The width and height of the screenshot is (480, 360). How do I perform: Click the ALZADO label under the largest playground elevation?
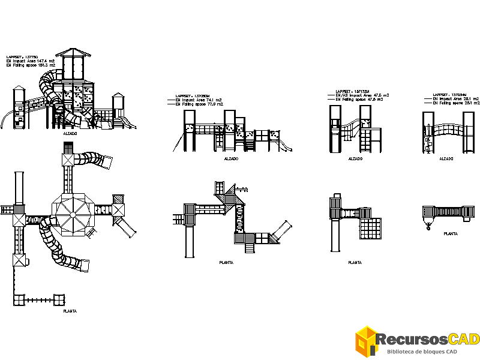tap(70, 134)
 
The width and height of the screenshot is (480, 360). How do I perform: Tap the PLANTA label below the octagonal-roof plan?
tap(70, 311)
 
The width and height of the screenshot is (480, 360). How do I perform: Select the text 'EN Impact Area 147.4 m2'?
tap(31, 61)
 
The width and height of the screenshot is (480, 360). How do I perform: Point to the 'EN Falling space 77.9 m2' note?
tap(199, 104)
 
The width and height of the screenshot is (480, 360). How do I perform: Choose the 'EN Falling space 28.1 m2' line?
tap(456, 103)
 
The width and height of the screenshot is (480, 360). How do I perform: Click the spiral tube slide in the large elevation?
tap(53, 90)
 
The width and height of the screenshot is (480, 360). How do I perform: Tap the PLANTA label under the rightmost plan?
tap(451, 233)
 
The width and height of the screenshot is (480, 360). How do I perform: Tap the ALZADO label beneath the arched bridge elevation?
tap(446, 159)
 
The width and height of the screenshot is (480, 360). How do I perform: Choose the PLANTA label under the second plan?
tap(226, 262)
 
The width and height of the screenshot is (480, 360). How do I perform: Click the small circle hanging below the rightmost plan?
tap(428, 227)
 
